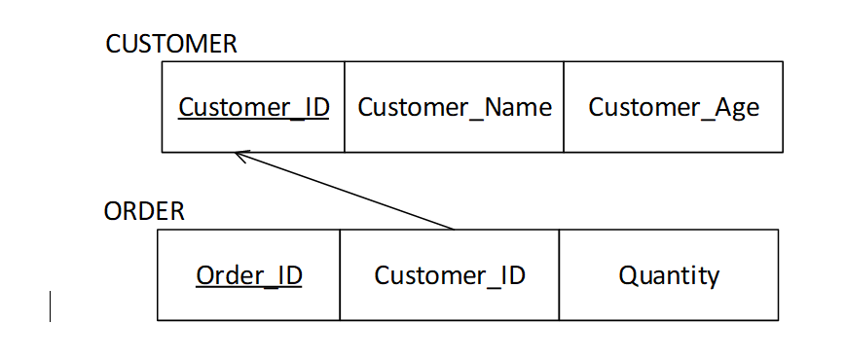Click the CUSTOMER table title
tap(171, 44)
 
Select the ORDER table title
tap(144, 211)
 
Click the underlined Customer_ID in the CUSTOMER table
tap(253, 107)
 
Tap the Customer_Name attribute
tap(455, 107)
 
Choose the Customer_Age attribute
tap(674, 107)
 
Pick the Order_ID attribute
tap(249, 275)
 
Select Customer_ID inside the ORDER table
tap(450, 275)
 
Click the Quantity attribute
tap(669, 275)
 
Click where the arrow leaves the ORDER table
tap(454, 230)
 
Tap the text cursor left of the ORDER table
tap(50, 306)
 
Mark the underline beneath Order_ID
tap(249, 288)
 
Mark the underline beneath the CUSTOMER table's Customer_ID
tap(253, 120)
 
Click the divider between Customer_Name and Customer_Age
tap(564, 107)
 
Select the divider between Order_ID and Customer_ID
tap(340, 275)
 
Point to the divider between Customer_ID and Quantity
tap(559, 275)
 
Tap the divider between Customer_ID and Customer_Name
tap(345, 107)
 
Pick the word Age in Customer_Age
tap(737, 108)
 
